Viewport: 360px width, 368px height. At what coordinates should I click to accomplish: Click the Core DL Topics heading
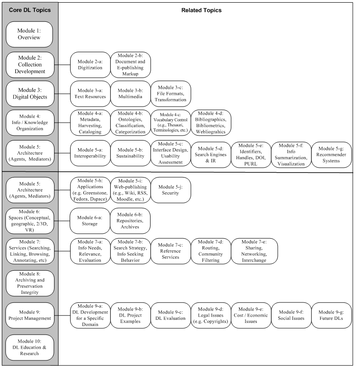pos(30,10)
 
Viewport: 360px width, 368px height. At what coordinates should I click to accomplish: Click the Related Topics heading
pos(201,10)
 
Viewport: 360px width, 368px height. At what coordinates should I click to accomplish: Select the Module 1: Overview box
pos(29,34)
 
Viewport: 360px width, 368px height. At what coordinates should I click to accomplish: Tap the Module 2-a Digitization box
pos(90,65)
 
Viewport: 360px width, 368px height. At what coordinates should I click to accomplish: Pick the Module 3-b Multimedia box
pos(130,94)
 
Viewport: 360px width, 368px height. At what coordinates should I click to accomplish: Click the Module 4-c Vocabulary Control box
pos(171,123)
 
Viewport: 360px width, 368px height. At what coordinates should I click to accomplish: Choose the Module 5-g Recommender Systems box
pos(331,155)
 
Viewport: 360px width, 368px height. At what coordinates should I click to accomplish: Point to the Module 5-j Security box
pos(171,190)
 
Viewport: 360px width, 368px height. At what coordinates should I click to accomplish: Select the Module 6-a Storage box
pos(90,221)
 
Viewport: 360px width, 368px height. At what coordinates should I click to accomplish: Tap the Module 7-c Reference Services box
pos(171,251)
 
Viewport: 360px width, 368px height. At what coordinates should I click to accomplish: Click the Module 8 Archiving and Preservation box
pos(30,283)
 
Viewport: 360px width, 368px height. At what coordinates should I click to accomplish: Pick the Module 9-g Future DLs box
pos(331,315)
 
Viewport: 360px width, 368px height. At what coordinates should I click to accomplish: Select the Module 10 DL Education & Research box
pos(29,347)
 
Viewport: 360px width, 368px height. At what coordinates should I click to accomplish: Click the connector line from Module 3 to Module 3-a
pos(62,94)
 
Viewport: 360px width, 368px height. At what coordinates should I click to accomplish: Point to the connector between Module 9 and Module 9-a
pos(62,315)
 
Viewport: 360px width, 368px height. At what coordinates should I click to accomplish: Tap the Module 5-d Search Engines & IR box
pos(211,155)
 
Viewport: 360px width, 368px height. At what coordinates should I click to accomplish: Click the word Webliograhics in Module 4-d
pos(211,132)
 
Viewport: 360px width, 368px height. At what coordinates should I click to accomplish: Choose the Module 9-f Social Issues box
pos(291,315)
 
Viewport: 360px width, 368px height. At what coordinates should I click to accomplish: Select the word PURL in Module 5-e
pos(251,164)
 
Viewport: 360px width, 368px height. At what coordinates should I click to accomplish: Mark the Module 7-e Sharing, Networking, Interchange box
pos(254,251)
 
